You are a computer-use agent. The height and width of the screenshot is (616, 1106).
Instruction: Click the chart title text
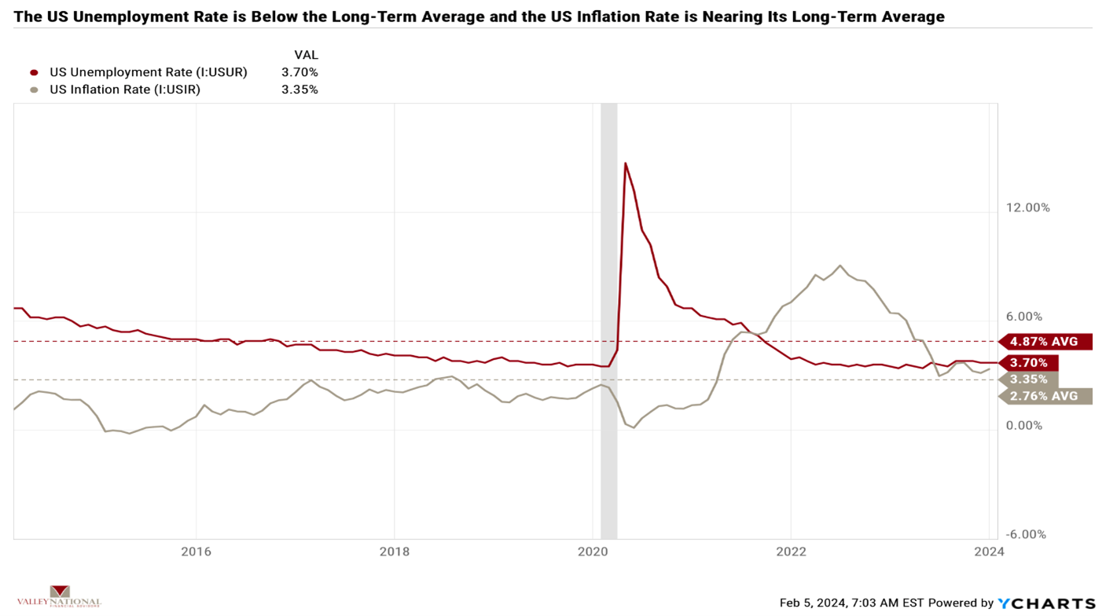479,16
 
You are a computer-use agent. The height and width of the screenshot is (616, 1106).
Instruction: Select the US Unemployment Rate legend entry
148,72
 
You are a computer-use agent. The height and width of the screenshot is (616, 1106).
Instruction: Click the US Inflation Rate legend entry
124,90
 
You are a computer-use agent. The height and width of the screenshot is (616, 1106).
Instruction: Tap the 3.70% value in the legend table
299,72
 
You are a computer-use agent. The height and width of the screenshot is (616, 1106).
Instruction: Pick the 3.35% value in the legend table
299,90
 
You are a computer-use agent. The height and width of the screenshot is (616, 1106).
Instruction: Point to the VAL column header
306,55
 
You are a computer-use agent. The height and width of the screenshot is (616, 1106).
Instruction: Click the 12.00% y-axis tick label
1027,207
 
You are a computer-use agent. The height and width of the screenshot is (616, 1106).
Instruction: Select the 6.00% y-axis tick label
1024,317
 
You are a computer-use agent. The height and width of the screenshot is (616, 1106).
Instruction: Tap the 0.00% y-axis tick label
1024,425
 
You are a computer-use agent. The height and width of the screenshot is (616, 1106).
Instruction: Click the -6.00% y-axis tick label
1026,534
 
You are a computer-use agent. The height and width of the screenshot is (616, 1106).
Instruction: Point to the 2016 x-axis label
196,552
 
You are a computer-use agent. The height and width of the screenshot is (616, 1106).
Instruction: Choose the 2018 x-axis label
394,552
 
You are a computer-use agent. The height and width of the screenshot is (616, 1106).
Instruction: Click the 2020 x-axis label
593,552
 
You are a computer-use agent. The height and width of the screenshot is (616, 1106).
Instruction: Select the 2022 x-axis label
791,552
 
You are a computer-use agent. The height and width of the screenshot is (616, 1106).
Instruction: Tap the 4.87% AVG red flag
1045,342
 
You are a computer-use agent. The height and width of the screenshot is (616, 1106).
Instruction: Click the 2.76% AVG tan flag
1045,396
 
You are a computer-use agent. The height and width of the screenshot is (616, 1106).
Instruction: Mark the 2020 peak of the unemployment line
625,163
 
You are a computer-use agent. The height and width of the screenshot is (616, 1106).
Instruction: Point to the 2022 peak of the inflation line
840,266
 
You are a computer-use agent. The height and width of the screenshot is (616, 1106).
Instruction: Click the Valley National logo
59,597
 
